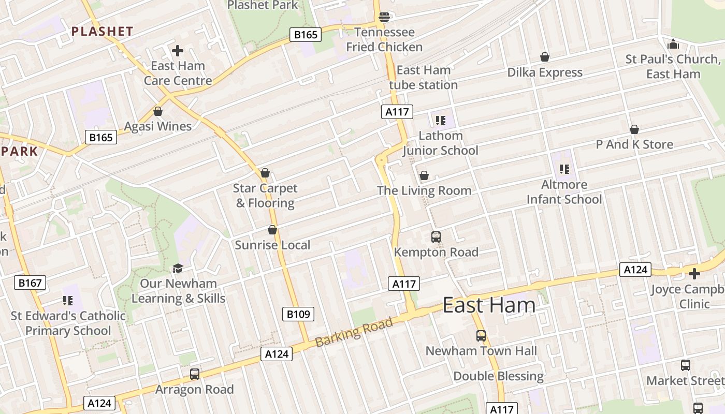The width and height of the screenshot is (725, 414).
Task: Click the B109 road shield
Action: click(x=298, y=314)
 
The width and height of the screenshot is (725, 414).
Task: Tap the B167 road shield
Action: click(x=30, y=282)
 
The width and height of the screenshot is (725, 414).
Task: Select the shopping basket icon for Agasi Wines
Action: click(x=158, y=111)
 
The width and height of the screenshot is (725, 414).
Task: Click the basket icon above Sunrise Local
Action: click(x=272, y=230)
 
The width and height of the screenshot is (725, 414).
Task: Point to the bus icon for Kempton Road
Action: click(x=436, y=237)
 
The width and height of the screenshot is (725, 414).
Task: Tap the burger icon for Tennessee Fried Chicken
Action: click(x=384, y=17)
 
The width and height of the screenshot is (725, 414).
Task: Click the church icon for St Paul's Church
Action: click(x=673, y=44)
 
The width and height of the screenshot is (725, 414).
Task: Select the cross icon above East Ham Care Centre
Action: click(x=178, y=51)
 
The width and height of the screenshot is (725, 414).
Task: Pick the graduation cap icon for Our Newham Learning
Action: click(x=178, y=268)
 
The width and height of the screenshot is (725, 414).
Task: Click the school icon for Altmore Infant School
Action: click(x=564, y=169)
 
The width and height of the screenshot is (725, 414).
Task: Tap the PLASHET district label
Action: click(x=103, y=32)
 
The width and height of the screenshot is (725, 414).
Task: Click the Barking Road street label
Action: click(x=354, y=332)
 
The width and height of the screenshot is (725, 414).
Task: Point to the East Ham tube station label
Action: click(x=423, y=77)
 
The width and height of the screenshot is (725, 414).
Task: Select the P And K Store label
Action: click(x=634, y=144)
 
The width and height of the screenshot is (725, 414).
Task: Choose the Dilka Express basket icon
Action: click(x=545, y=57)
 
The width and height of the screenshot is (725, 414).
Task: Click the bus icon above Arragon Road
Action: click(x=195, y=374)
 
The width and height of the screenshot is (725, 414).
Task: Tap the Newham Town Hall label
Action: click(x=481, y=351)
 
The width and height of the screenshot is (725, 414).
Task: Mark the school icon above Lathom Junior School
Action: click(x=441, y=121)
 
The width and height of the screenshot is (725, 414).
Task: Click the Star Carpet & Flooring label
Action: click(x=265, y=196)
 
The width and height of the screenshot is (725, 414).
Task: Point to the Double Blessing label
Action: click(x=499, y=376)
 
